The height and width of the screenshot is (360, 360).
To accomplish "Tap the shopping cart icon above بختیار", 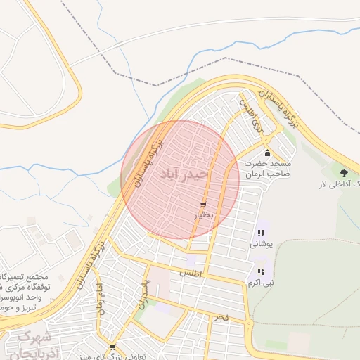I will tap(203, 205).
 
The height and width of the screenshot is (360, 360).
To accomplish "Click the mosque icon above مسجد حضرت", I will tap(266, 153).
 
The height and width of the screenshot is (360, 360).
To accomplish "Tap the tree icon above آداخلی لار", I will tap(344, 172).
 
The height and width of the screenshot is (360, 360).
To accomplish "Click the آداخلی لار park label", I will tap(342, 184).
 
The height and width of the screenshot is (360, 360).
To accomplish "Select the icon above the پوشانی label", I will tap(262, 233).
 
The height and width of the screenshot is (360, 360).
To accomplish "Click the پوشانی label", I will tap(260, 244).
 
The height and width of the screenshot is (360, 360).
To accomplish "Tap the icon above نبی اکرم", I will tap(261, 271).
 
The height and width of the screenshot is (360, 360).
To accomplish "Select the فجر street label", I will tap(222, 319).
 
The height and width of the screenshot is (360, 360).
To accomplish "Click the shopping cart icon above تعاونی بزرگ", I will tap(112, 347).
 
